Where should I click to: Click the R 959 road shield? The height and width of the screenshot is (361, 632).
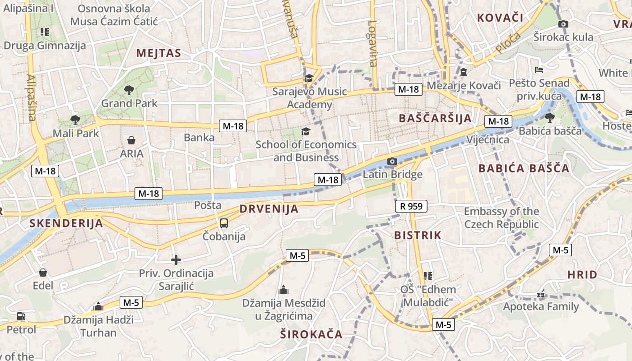click(x=411, y=207)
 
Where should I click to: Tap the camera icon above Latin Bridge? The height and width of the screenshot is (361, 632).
click(x=392, y=161)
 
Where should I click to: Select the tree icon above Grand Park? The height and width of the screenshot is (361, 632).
click(x=129, y=90)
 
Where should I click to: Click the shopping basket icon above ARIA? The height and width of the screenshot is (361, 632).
click(x=131, y=140)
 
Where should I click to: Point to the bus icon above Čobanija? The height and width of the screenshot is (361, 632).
click(x=224, y=223)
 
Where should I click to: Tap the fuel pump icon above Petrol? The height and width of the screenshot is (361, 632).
click(x=21, y=316)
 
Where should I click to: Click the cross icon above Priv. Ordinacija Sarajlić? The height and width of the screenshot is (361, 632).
click(x=176, y=260)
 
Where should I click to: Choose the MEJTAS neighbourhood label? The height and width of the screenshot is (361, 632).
click(x=158, y=53)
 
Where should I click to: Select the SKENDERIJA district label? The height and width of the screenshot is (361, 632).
click(x=66, y=223)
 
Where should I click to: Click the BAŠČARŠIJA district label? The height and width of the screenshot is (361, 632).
click(x=435, y=118)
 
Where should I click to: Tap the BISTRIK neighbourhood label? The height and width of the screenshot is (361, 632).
click(x=418, y=235)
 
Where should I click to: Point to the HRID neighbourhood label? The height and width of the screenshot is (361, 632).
click(x=582, y=274)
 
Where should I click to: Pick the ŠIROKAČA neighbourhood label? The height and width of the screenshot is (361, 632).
click(x=311, y=334)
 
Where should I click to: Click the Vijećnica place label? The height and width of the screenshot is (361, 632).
click(x=488, y=139)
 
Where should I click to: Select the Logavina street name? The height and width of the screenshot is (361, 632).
click(x=372, y=43)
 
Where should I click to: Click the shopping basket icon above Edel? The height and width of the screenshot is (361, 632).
click(x=43, y=273)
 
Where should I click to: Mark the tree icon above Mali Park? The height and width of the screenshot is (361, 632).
click(x=75, y=120)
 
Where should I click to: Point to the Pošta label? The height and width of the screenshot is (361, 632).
click(x=208, y=205)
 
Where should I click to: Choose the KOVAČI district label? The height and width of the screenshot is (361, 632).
click(x=500, y=18)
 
